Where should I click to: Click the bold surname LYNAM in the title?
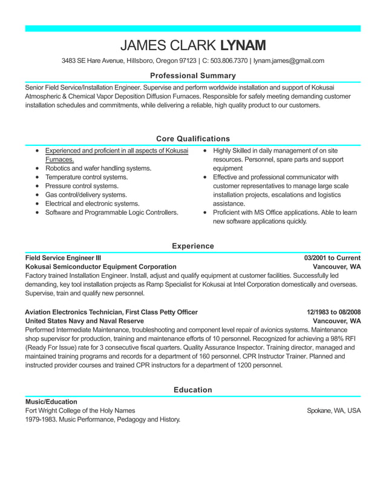click(243, 45)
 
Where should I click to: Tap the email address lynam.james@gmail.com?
click(289, 61)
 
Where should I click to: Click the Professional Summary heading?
click(192, 76)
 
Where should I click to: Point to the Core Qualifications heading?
click(192, 139)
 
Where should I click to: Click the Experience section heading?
click(192, 246)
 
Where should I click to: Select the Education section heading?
click(192, 390)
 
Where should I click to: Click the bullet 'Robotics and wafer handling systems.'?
click(98, 168)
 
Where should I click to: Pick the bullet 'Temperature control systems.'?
click(87, 177)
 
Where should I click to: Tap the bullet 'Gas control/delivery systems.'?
click(86, 195)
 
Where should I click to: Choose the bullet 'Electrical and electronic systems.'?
click(92, 204)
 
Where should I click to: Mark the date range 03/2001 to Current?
click(332, 257)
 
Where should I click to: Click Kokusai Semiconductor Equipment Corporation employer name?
click(100, 266)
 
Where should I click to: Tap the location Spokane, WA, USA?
click(333, 410)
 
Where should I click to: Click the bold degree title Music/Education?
click(51, 401)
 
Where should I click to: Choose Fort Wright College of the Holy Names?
click(80, 410)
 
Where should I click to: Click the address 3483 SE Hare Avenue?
click(93, 61)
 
